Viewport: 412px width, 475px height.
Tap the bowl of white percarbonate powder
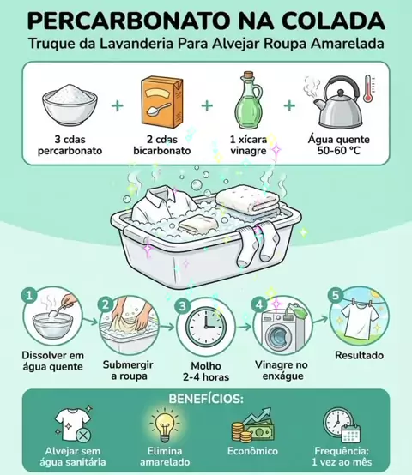coord(70,105)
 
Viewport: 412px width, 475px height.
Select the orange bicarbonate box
coord(162,102)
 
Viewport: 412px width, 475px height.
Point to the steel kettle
coord(337,102)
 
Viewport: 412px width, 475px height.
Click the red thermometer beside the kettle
coord(368,88)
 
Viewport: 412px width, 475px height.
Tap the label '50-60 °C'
coord(339,151)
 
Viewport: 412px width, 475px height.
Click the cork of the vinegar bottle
coord(249,75)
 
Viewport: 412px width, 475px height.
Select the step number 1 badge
coord(29,295)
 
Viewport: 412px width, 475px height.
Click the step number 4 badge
coord(259,304)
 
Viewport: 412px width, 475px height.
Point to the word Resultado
coord(360,355)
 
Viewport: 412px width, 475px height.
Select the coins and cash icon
coord(253,425)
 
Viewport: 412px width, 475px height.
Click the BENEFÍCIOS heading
coord(206,399)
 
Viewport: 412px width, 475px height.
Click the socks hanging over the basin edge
coord(252,244)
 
